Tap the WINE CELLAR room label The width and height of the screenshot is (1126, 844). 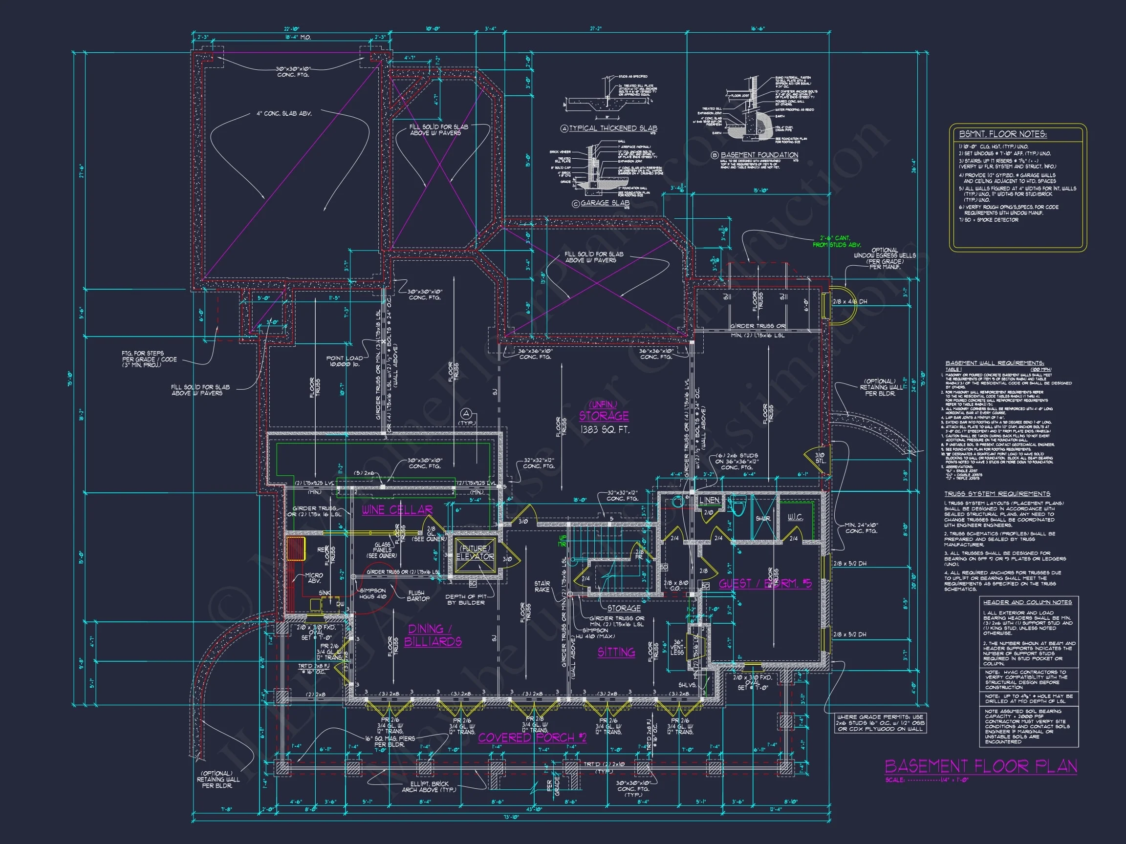[397, 510]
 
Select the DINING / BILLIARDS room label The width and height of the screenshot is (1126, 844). [433, 635]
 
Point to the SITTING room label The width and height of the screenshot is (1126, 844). [616, 652]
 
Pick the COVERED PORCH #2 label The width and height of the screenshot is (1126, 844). [532, 738]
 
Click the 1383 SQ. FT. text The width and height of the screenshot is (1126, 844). [604, 429]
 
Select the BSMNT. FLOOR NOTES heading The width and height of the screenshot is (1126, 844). [1002, 134]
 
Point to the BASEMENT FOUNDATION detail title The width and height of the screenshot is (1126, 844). [758, 155]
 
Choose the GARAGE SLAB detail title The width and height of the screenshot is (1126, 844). [604, 203]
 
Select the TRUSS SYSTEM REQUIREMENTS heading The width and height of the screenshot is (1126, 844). [996, 493]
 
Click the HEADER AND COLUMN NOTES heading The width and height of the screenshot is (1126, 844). [1027, 602]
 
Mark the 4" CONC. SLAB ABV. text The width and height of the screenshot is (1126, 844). [284, 113]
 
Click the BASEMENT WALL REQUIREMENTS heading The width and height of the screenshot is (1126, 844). [994, 363]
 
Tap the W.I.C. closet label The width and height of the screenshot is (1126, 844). [795, 517]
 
